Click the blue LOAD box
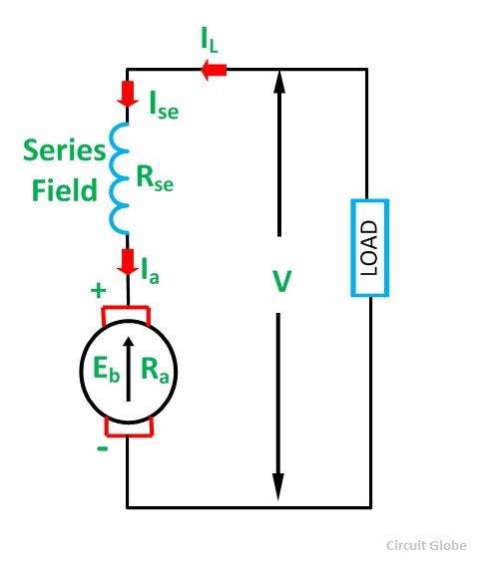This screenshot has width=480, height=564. [x=369, y=247]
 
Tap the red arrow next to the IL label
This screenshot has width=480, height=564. [x=214, y=69]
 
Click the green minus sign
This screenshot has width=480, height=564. [x=101, y=448]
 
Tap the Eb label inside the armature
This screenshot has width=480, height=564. [x=96, y=373]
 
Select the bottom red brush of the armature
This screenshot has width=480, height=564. [x=128, y=428]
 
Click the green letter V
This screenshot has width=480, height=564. [x=281, y=282]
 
